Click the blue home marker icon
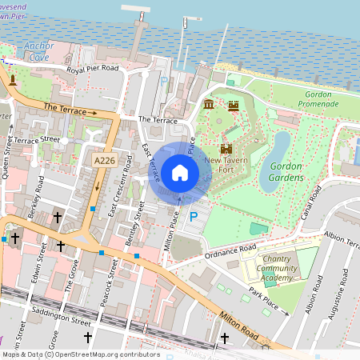(180, 173)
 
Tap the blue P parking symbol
(192, 217)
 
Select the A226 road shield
(104, 161)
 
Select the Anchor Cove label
(38, 52)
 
